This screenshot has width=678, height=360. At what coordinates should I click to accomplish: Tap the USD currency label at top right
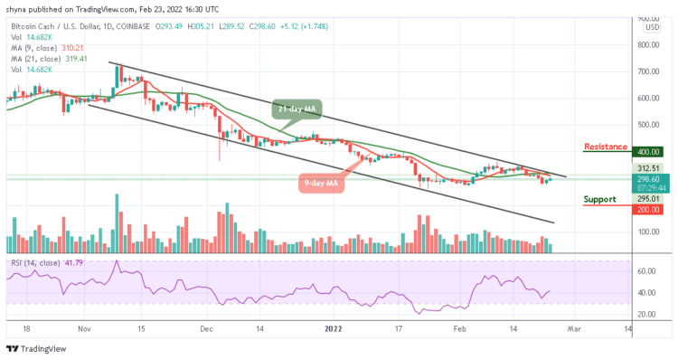coord(651,26)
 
